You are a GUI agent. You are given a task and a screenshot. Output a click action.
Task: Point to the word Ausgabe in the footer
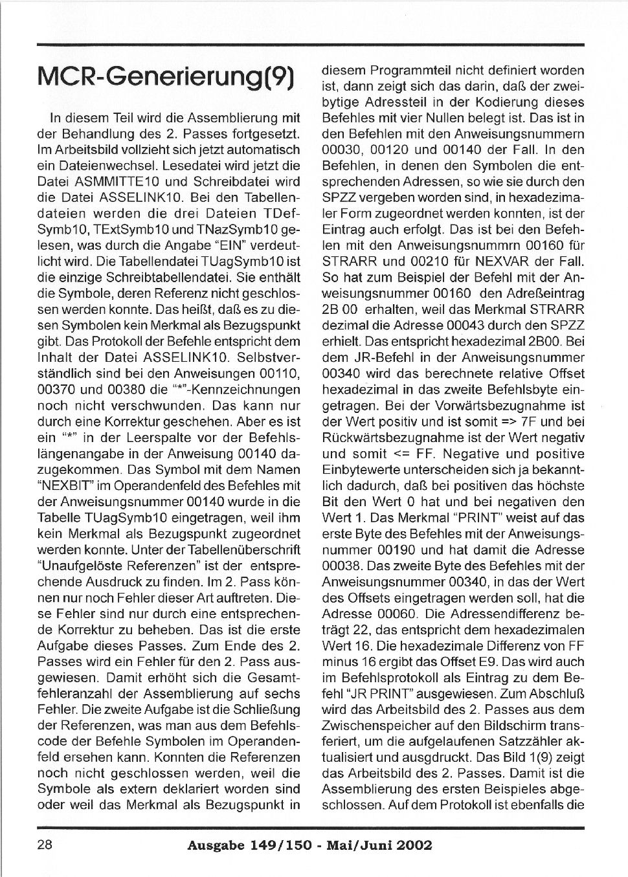tap(213, 845)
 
